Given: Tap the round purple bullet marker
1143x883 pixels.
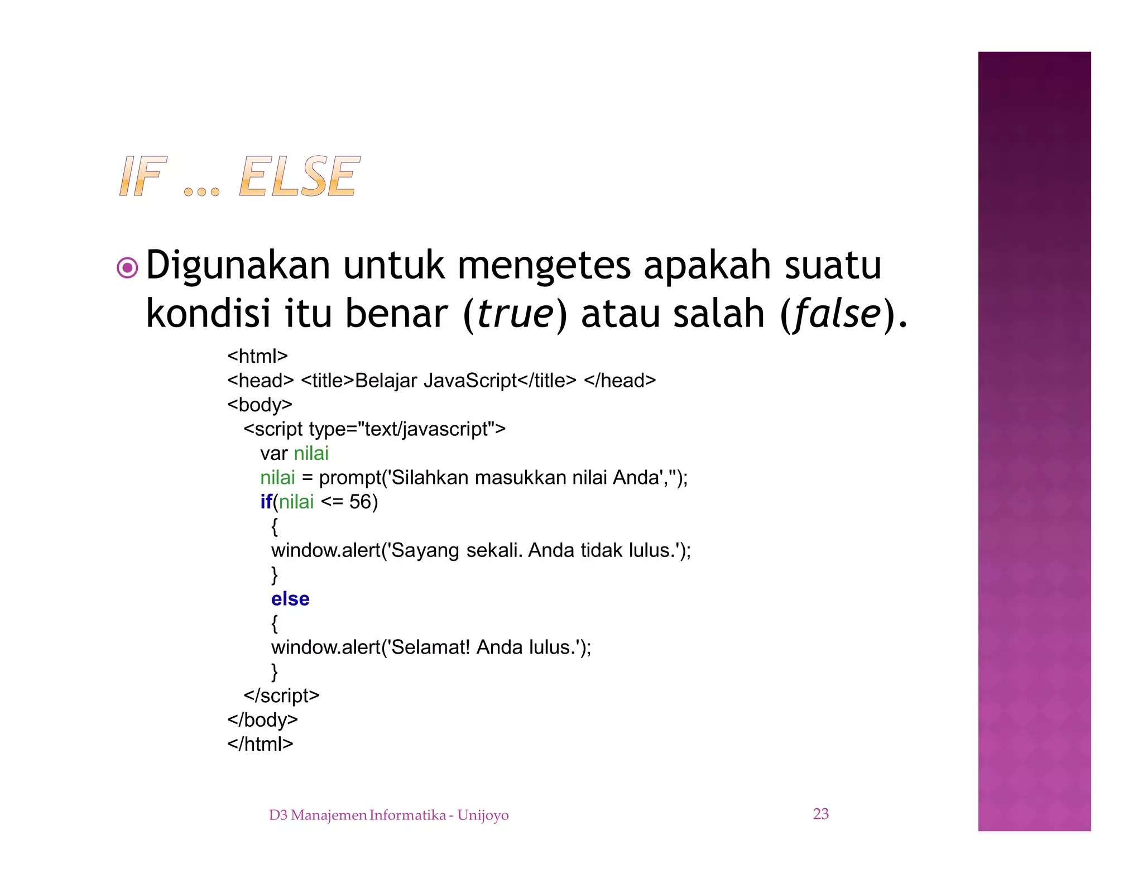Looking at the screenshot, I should pyautogui.click(x=127, y=268).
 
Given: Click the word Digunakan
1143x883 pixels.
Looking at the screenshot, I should pyautogui.click(x=238, y=266).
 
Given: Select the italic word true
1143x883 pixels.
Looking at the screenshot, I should pyautogui.click(x=515, y=314).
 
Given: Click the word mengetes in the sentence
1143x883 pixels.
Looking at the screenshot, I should pyautogui.click(x=544, y=266).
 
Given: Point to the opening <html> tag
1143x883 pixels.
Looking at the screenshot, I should pyautogui.click(x=257, y=356).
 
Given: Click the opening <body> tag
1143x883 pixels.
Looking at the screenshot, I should pyautogui.click(x=260, y=405).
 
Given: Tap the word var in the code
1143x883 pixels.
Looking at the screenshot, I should pyautogui.click(x=273, y=453).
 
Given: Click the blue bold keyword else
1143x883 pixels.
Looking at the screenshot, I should pyautogui.click(x=290, y=599).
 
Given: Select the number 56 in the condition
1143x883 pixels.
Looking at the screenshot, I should pyautogui.click(x=360, y=502).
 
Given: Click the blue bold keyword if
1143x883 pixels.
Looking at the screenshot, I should pyautogui.click(x=266, y=502).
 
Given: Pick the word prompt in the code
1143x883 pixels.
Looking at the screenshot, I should pyautogui.click(x=349, y=478).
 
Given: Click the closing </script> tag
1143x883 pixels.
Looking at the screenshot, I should pyautogui.click(x=281, y=696).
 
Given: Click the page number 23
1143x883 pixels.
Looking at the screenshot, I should pyautogui.click(x=820, y=814).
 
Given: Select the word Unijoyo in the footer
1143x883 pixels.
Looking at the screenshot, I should pyautogui.click(x=483, y=815).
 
